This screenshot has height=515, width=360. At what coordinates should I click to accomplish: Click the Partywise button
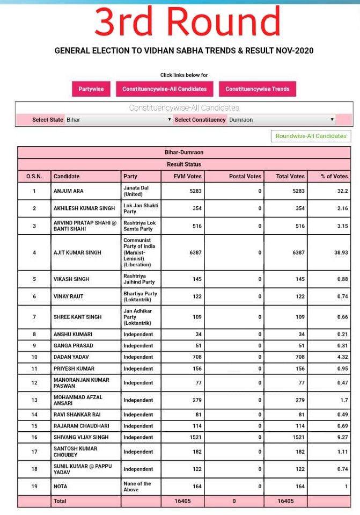91,89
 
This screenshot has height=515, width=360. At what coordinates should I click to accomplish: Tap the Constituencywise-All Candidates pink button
164,89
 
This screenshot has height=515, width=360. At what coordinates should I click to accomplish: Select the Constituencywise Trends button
257,89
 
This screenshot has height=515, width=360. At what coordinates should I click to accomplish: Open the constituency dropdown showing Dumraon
281,120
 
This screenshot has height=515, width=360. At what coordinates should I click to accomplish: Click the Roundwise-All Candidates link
311,136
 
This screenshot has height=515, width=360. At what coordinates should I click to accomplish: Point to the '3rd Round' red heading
187,23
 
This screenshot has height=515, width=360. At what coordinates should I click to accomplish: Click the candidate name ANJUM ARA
69,191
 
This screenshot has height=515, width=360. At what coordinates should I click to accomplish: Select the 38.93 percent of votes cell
341,252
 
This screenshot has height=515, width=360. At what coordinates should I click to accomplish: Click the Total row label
60,501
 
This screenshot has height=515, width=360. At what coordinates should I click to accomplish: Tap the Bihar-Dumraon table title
184,153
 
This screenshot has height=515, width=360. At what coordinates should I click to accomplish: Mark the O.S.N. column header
34,176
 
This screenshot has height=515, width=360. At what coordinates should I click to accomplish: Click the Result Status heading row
184,164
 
